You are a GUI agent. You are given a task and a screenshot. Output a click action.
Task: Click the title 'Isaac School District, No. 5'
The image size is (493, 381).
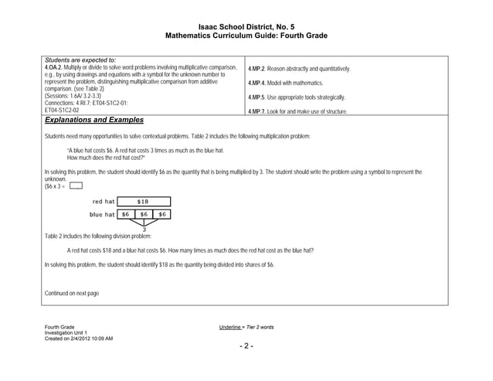[246, 27]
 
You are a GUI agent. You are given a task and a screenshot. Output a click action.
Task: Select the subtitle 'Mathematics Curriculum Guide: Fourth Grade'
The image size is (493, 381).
[246, 36]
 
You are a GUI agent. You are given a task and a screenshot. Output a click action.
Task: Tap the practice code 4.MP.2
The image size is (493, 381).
[258, 70]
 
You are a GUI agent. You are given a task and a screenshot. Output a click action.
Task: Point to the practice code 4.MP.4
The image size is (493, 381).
[258, 83]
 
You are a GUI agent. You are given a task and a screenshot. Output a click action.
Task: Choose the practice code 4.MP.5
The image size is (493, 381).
[258, 97]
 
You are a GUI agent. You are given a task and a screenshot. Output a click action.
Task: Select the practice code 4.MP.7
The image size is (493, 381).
[258, 111]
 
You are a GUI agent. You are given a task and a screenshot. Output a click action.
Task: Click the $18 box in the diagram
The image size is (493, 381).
[143, 202]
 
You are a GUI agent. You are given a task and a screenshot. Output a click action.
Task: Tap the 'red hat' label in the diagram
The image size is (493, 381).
[104, 202]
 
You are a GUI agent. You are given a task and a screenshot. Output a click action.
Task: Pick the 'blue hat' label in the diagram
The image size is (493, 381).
[102, 214]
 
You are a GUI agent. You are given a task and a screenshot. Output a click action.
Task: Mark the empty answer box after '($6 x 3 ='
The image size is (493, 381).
[76, 185]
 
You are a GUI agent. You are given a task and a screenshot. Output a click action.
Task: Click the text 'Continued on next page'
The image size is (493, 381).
[72, 294]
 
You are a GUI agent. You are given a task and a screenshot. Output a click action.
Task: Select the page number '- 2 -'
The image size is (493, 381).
[246, 345]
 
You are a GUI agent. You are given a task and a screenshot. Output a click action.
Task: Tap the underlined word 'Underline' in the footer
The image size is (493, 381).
[233, 327]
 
